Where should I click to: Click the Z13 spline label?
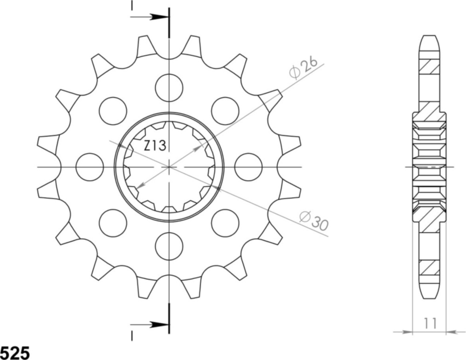click(155, 146)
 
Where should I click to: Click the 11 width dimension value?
click(430, 323)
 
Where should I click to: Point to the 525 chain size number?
click(15, 353)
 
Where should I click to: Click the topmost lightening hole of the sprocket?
click(169, 87)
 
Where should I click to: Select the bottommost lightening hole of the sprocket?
click(169, 246)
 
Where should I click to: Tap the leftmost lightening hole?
click(89, 167)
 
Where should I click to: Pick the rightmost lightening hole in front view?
click(248, 167)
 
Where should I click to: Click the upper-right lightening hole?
click(225, 111)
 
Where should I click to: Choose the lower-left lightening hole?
click(113, 223)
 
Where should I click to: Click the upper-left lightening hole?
click(113, 111)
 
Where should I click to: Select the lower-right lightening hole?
click(225, 223)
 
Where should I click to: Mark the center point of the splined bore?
click(169, 166)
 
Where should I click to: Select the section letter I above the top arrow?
click(132, 6)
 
